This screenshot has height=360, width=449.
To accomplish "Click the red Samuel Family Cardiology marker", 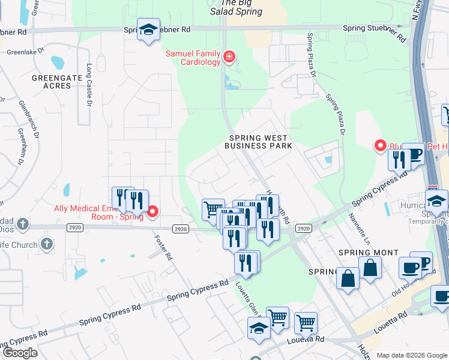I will pyautogui.click(x=229, y=58).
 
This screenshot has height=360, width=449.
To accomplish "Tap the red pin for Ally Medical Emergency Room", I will pyautogui.click(x=152, y=211).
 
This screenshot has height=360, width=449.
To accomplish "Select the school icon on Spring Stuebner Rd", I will pyautogui.click(x=148, y=29).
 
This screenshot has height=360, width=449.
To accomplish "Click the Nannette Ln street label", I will pyautogui.click(x=360, y=229).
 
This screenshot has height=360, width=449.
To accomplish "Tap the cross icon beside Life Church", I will pyautogui.click(x=47, y=244).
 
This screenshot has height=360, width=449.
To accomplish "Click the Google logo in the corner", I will pyautogui.click(x=19, y=352).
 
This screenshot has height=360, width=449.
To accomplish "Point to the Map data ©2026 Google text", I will pyautogui.click(x=412, y=355).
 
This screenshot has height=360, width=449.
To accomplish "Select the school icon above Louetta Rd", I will pyautogui.click(x=259, y=328).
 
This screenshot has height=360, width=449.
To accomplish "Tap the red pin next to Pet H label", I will pyautogui.click(x=380, y=146).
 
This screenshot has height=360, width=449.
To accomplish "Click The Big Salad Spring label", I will pyautogui.click(x=237, y=8).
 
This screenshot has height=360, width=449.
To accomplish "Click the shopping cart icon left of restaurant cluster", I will pyautogui.click(x=212, y=210).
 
